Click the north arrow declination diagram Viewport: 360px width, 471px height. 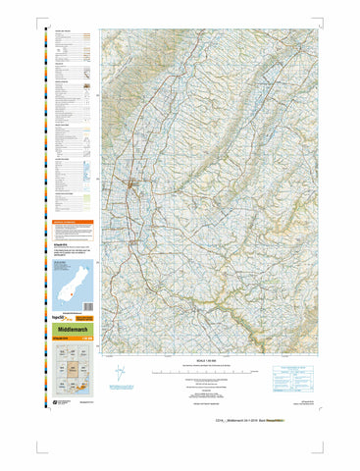click(120, 373)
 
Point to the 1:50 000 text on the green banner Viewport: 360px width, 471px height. click(83, 340)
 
